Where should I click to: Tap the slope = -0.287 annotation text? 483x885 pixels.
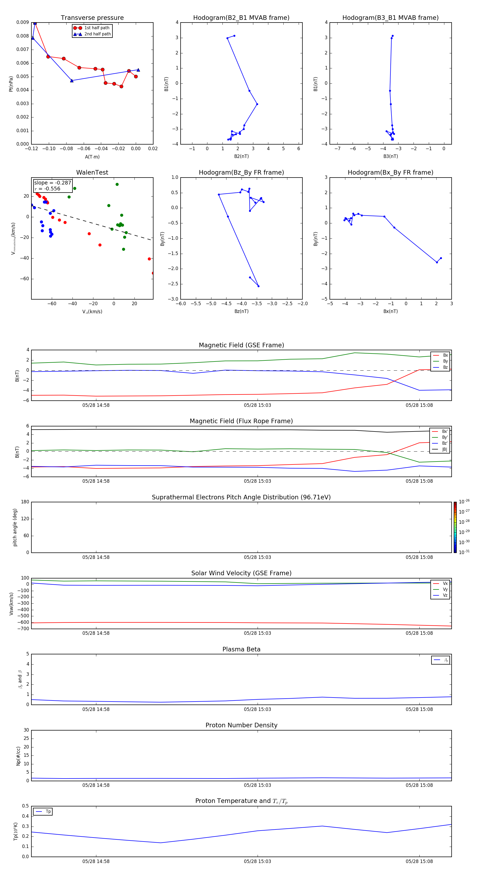(x=52, y=183)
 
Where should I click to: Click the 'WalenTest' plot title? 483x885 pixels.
(x=92, y=172)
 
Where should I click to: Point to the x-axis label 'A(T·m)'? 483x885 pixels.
(x=92, y=157)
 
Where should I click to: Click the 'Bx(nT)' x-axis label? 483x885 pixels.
(x=390, y=311)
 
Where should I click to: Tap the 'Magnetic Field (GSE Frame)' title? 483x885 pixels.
(x=241, y=345)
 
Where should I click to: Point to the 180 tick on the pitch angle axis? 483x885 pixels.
(x=25, y=502)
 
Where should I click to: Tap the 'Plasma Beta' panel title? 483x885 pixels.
(x=241, y=649)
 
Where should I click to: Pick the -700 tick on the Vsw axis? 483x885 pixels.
(x=22, y=629)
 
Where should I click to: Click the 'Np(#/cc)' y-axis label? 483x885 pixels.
(x=18, y=755)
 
